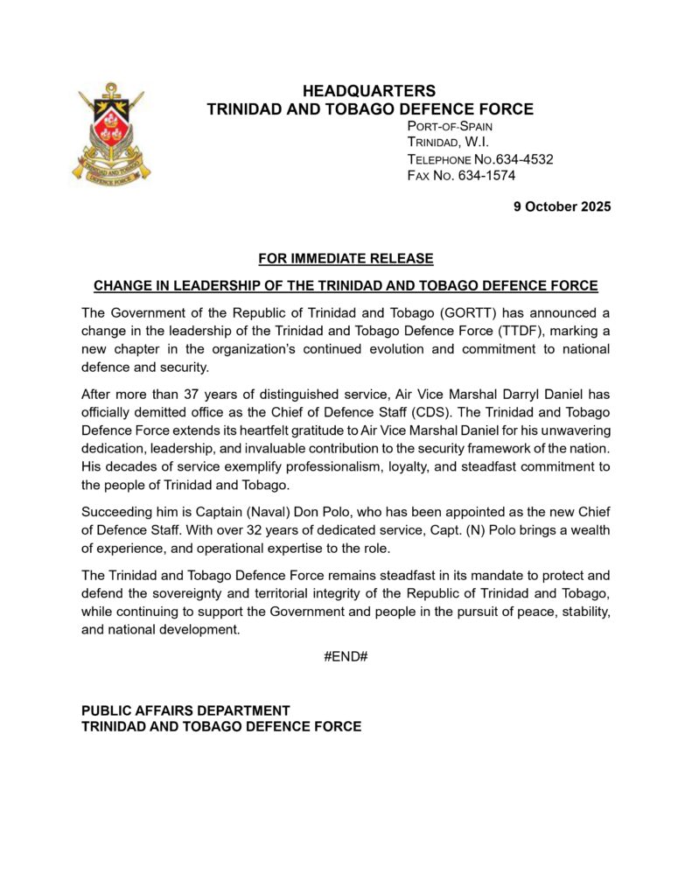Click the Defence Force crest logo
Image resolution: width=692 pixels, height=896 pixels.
click(x=111, y=133)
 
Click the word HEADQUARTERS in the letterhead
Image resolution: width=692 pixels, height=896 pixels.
click(x=368, y=91)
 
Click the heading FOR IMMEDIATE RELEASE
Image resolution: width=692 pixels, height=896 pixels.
click(x=346, y=258)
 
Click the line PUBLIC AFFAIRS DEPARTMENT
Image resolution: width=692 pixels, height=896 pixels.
click(x=185, y=710)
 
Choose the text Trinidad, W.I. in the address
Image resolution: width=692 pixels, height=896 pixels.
click(x=448, y=143)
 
